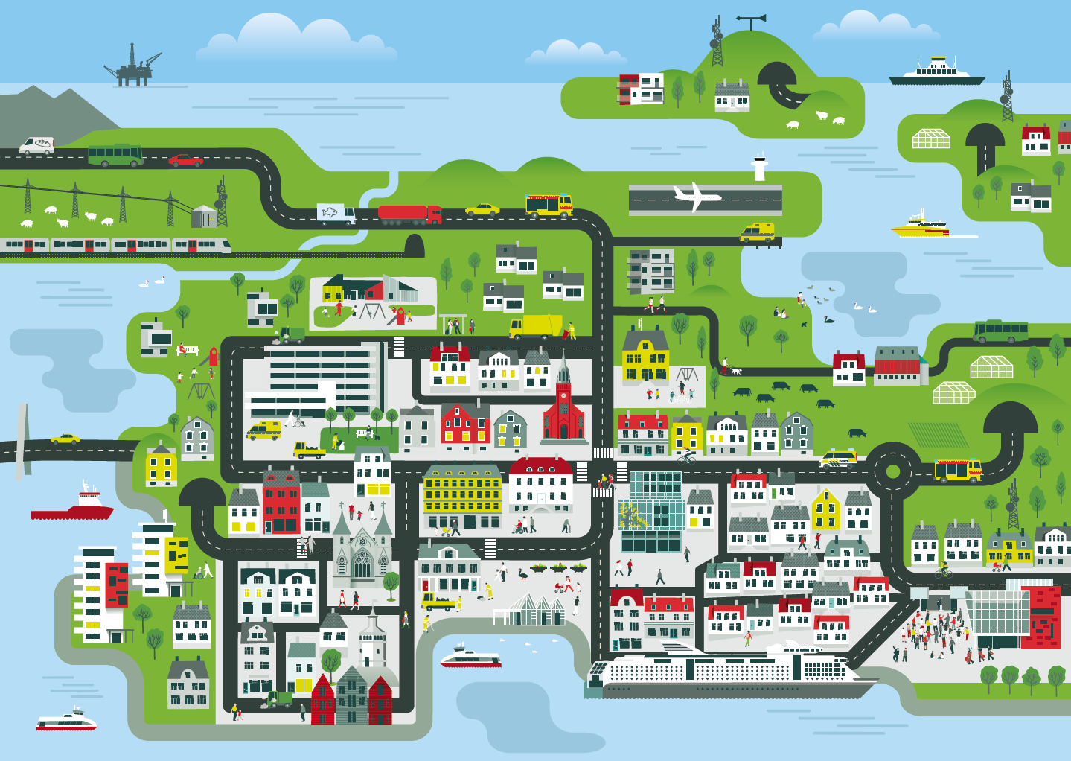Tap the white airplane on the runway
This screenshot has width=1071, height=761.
[696, 197]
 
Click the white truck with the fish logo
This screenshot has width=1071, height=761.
[336, 214]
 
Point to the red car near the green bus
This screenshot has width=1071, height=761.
[185, 160]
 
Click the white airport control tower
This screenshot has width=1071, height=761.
[759, 167]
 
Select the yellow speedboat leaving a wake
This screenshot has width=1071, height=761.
[920, 226]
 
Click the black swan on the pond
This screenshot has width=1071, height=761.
[828, 319]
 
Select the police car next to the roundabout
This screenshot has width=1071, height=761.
[838, 459]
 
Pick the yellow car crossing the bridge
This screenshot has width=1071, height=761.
[65, 439]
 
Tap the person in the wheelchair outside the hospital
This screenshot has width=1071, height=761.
[299, 421]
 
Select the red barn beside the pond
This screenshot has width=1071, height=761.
[898, 366]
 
